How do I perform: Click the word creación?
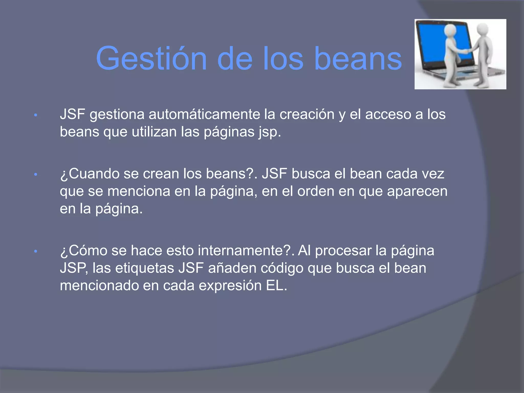click(x=307, y=114)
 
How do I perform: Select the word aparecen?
click(x=417, y=191)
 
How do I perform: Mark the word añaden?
click(x=232, y=268)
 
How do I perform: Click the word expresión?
click(x=230, y=286)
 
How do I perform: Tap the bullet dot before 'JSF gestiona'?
click(x=36, y=115)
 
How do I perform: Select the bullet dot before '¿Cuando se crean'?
click(x=36, y=175)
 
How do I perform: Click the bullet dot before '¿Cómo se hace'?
click(x=36, y=252)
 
